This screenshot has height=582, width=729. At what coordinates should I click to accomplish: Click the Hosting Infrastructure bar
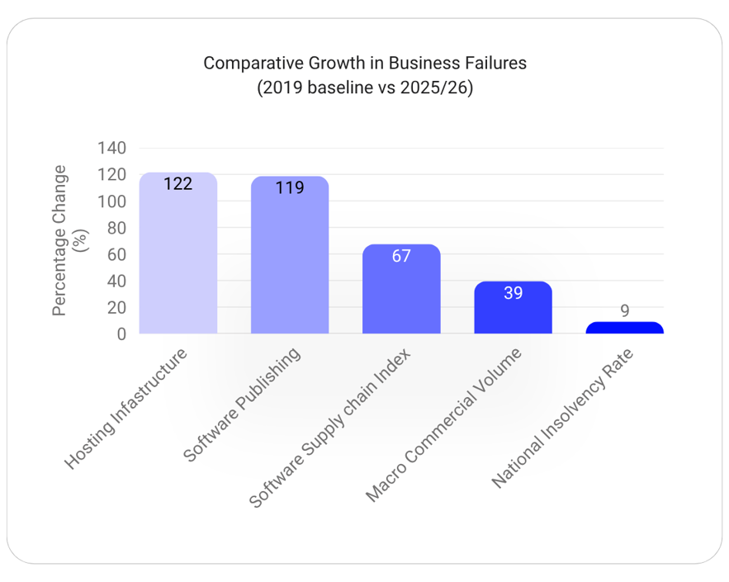point(178,253)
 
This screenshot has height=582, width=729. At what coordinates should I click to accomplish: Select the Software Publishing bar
point(290,255)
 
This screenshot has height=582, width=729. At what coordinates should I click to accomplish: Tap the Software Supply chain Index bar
point(401,289)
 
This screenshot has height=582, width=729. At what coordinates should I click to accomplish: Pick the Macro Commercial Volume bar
point(513,307)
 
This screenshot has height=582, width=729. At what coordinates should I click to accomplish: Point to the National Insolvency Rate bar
point(624,328)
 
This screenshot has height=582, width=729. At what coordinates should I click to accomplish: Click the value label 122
point(178,184)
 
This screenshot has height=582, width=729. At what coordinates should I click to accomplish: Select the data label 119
point(290,187)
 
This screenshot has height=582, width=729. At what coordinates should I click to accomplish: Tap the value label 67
point(401,256)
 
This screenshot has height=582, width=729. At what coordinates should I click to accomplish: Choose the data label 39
point(513,293)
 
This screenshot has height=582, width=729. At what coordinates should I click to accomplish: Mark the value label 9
point(625,310)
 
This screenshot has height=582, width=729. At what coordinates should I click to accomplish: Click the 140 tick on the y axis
point(111,149)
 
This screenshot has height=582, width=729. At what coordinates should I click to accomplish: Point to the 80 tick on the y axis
point(116,228)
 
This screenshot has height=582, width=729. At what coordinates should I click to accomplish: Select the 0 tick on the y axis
point(121,334)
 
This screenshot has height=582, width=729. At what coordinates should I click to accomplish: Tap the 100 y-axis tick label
point(111,201)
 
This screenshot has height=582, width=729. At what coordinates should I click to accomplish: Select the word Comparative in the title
point(253,64)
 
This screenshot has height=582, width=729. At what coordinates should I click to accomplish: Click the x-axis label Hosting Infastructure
point(125,408)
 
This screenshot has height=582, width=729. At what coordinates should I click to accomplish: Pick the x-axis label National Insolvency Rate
point(562,419)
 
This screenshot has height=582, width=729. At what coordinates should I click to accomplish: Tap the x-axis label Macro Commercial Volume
point(443,425)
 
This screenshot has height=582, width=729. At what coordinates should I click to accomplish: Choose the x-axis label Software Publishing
point(242,405)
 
